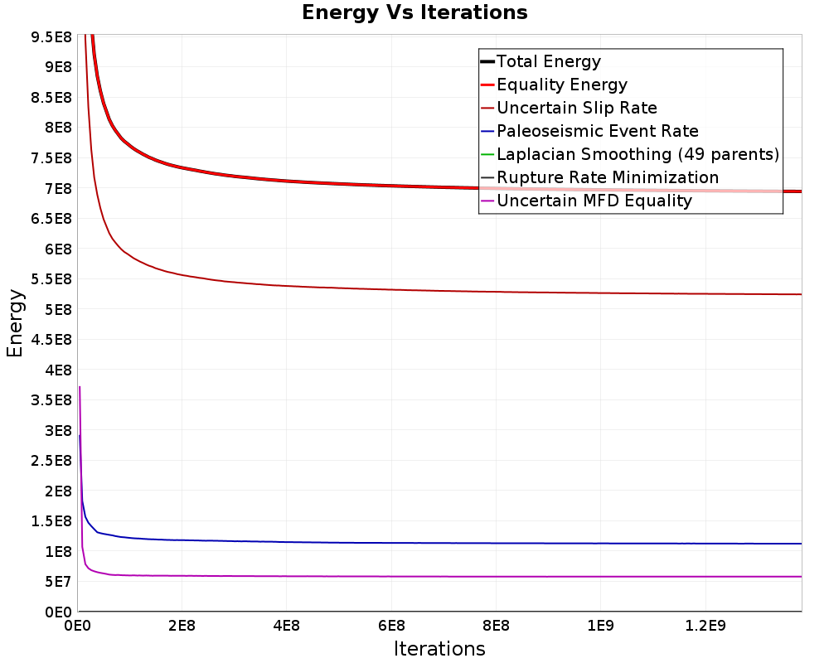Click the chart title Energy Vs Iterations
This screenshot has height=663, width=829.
(x=414, y=12)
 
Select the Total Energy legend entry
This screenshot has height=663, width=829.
(x=541, y=61)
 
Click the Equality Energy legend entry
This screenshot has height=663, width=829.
(x=554, y=85)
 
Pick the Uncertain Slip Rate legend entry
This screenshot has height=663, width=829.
(x=569, y=108)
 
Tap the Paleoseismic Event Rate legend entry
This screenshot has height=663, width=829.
(x=589, y=131)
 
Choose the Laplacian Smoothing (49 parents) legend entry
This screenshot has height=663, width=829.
(x=630, y=154)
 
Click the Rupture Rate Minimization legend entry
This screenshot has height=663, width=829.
(x=599, y=177)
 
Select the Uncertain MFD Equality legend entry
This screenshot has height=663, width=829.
(x=586, y=201)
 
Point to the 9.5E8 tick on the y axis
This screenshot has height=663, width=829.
(x=51, y=37)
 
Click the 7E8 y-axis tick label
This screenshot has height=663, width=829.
(x=58, y=188)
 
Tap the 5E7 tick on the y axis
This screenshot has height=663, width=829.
(x=58, y=582)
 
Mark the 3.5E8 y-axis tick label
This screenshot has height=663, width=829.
(x=51, y=400)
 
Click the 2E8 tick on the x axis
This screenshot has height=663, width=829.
(x=182, y=627)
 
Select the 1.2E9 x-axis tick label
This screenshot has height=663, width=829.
(x=705, y=627)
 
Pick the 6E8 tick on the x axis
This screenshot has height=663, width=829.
(x=391, y=627)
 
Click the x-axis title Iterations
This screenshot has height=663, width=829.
(x=439, y=648)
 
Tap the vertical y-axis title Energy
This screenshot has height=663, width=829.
(x=15, y=323)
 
